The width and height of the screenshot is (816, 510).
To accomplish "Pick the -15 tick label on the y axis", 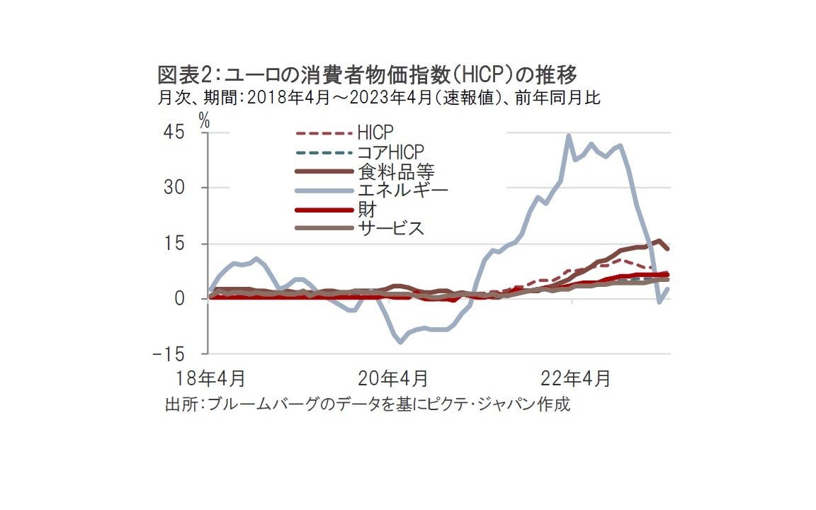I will pyautogui.click(x=170, y=353).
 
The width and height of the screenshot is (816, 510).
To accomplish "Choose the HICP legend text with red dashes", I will pyautogui.click(x=375, y=132).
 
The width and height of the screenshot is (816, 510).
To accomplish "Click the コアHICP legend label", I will pyautogui.click(x=390, y=152).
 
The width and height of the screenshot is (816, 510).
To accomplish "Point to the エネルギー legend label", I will pyautogui.click(x=403, y=190).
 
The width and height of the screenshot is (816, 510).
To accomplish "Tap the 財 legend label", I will pyautogui.click(x=367, y=209).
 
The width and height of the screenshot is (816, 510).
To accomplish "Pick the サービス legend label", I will pyautogui.click(x=391, y=228).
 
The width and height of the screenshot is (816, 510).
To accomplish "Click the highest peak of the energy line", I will pyautogui.click(x=568, y=135).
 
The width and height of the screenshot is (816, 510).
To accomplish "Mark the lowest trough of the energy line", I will pyautogui.click(x=401, y=342).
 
